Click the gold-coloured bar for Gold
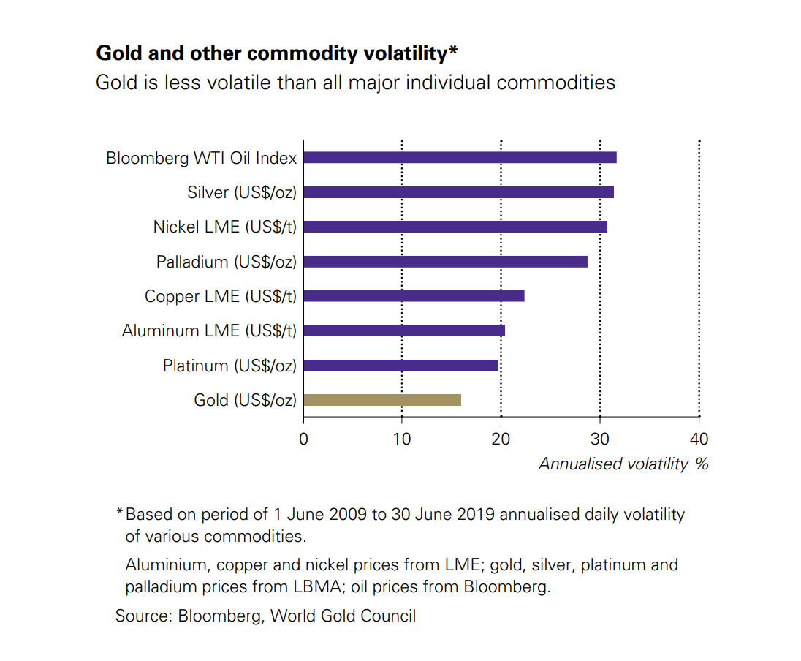[382, 400]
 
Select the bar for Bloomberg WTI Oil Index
[460, 157]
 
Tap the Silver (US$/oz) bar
[458, 192]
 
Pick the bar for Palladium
[445, 262]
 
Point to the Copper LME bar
[414, 296]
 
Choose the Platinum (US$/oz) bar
[400, 366]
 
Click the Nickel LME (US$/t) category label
[224, 227]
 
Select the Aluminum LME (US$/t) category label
[209, 331]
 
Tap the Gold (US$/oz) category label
[245, 400]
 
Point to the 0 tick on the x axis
[303, 439]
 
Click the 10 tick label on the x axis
[402, 439]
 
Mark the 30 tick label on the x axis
[600, 439]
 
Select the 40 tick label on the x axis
[699, 439]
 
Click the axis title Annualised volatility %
[623, 464]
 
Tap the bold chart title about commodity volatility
[277, 53]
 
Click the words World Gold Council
[343, 616]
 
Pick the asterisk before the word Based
[119, 513]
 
